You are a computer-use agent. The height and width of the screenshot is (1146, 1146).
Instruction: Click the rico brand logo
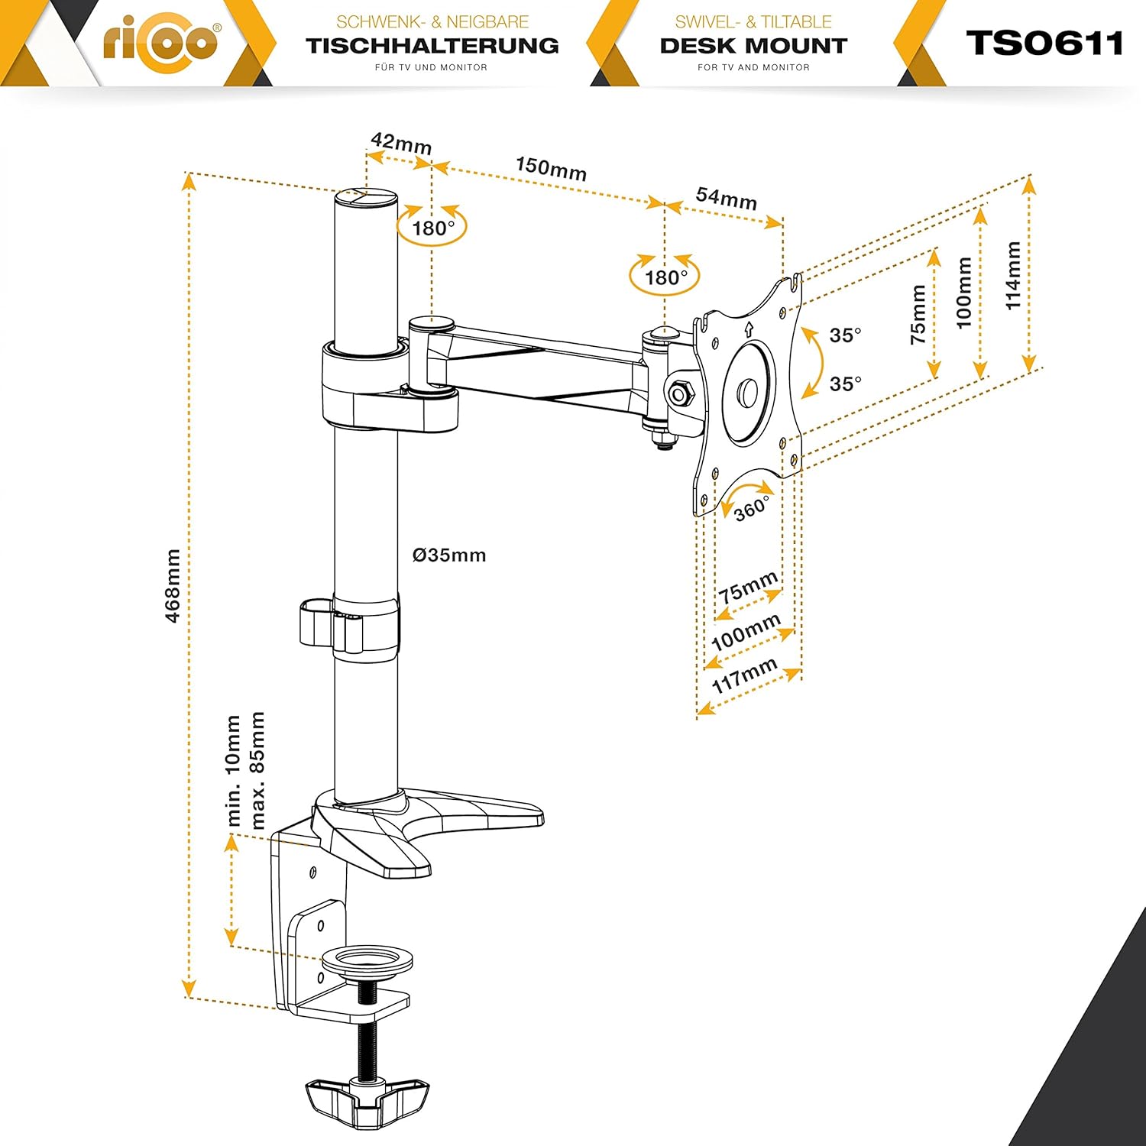[161, 41]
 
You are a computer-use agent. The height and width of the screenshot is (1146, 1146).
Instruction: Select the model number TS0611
[1044, 44]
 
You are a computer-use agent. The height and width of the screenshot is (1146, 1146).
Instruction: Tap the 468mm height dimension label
[173, 585]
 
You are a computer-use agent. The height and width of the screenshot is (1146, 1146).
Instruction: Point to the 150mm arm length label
[551, 168]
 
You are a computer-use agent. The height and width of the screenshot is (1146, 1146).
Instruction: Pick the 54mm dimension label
[726, 199]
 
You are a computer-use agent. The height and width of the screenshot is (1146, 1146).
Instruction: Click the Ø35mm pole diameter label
[449, 555]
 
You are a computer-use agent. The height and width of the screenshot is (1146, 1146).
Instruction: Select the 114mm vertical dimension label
[1013, 275]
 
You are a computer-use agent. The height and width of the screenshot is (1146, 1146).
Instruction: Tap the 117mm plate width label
[744, 675]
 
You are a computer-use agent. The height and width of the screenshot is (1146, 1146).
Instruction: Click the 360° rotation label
[752, 508]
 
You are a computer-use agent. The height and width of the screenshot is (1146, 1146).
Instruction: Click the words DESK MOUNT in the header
[753, 46]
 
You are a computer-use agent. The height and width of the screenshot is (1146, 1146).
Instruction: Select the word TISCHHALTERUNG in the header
[432, 46]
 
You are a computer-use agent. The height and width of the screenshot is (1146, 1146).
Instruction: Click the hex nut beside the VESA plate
[678, 394]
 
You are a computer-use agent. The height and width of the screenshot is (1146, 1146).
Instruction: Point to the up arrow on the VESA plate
[748, 330]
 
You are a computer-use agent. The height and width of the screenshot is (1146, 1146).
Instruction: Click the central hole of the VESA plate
[747, 393]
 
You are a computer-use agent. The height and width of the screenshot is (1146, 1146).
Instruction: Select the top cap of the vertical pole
[365, 196]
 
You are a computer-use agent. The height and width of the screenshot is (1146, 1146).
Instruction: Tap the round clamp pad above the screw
[367, 960]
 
